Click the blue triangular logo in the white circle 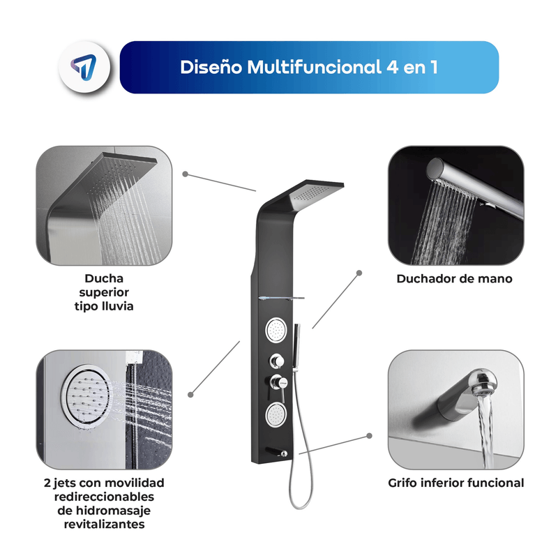tap(84, 66)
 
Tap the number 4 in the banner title tap(392, 67)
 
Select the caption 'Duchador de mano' tap(455, 278)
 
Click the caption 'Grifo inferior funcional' tap(456, 483)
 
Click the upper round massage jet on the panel tap(276, 330)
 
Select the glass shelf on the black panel tap(281, 299)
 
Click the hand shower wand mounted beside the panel tap(296, 347)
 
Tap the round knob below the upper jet tap(276, 361)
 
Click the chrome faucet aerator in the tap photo tap(482, 383)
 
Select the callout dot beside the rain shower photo tap(185, 174)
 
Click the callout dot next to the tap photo tap(370, 435)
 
